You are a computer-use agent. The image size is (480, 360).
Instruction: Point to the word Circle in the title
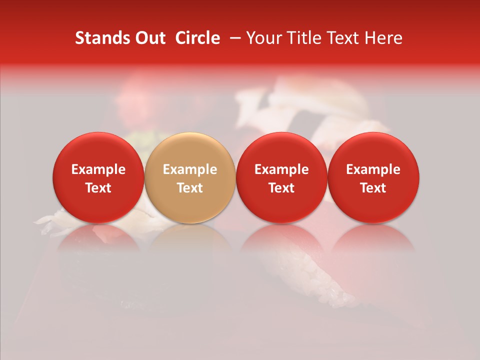[x=197, y=38]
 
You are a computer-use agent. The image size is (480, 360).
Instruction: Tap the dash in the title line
[x=233, y=38]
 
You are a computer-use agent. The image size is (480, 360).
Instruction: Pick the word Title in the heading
[x=300, y=38]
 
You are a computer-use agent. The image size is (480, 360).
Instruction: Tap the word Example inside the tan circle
[x=190, y=169]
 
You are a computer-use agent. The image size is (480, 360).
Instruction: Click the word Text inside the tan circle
[x=190, y=188]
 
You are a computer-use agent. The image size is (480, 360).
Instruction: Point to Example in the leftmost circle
[x=98, y=169]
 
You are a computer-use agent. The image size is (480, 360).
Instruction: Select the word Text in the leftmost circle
[x=98, y=188]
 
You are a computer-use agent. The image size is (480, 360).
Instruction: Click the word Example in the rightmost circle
[x=373, y=169]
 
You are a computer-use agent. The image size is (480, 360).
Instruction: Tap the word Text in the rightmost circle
[x=373, y=188]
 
